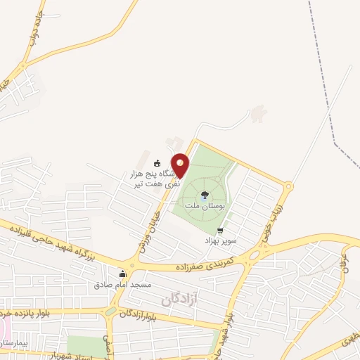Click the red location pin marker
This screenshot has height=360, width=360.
click(181, 165)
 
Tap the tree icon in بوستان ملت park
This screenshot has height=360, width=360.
click(204, 195)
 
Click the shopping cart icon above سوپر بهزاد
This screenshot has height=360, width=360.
click(221, 230)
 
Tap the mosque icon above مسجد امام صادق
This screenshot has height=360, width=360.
click(123, 274)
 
